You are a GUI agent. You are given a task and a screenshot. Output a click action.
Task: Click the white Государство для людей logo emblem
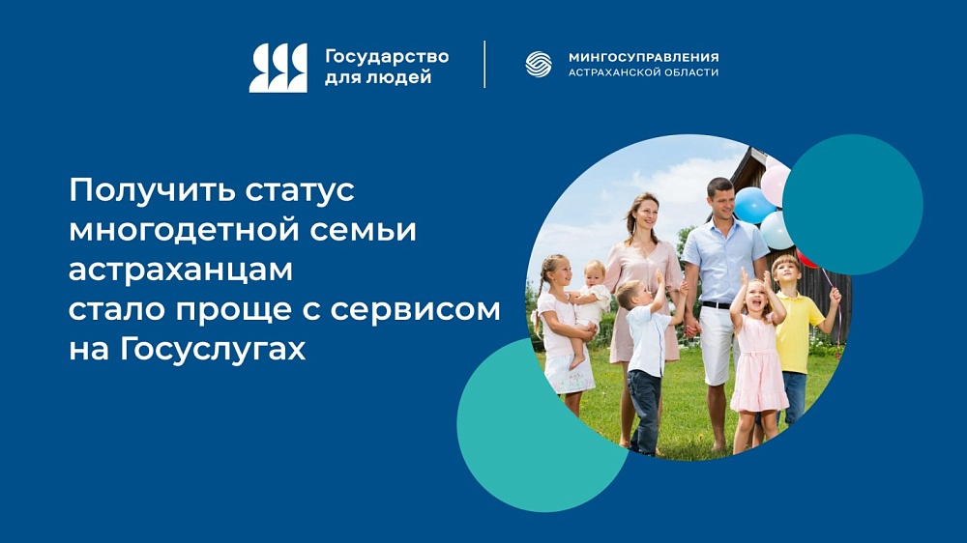[278, 68]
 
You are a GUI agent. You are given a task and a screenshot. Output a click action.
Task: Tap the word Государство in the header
[387, 56]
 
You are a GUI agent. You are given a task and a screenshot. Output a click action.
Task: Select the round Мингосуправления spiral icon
[539, 64]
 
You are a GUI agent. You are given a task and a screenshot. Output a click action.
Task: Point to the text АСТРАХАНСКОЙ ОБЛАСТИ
[643, 72]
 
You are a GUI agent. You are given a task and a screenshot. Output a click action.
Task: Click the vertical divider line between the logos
[484, 64]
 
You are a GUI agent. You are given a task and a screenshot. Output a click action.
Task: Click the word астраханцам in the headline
[180, 270]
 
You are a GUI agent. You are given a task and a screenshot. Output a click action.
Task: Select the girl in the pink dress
[757, 353]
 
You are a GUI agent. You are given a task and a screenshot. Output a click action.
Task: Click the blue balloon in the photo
[752, 205]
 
